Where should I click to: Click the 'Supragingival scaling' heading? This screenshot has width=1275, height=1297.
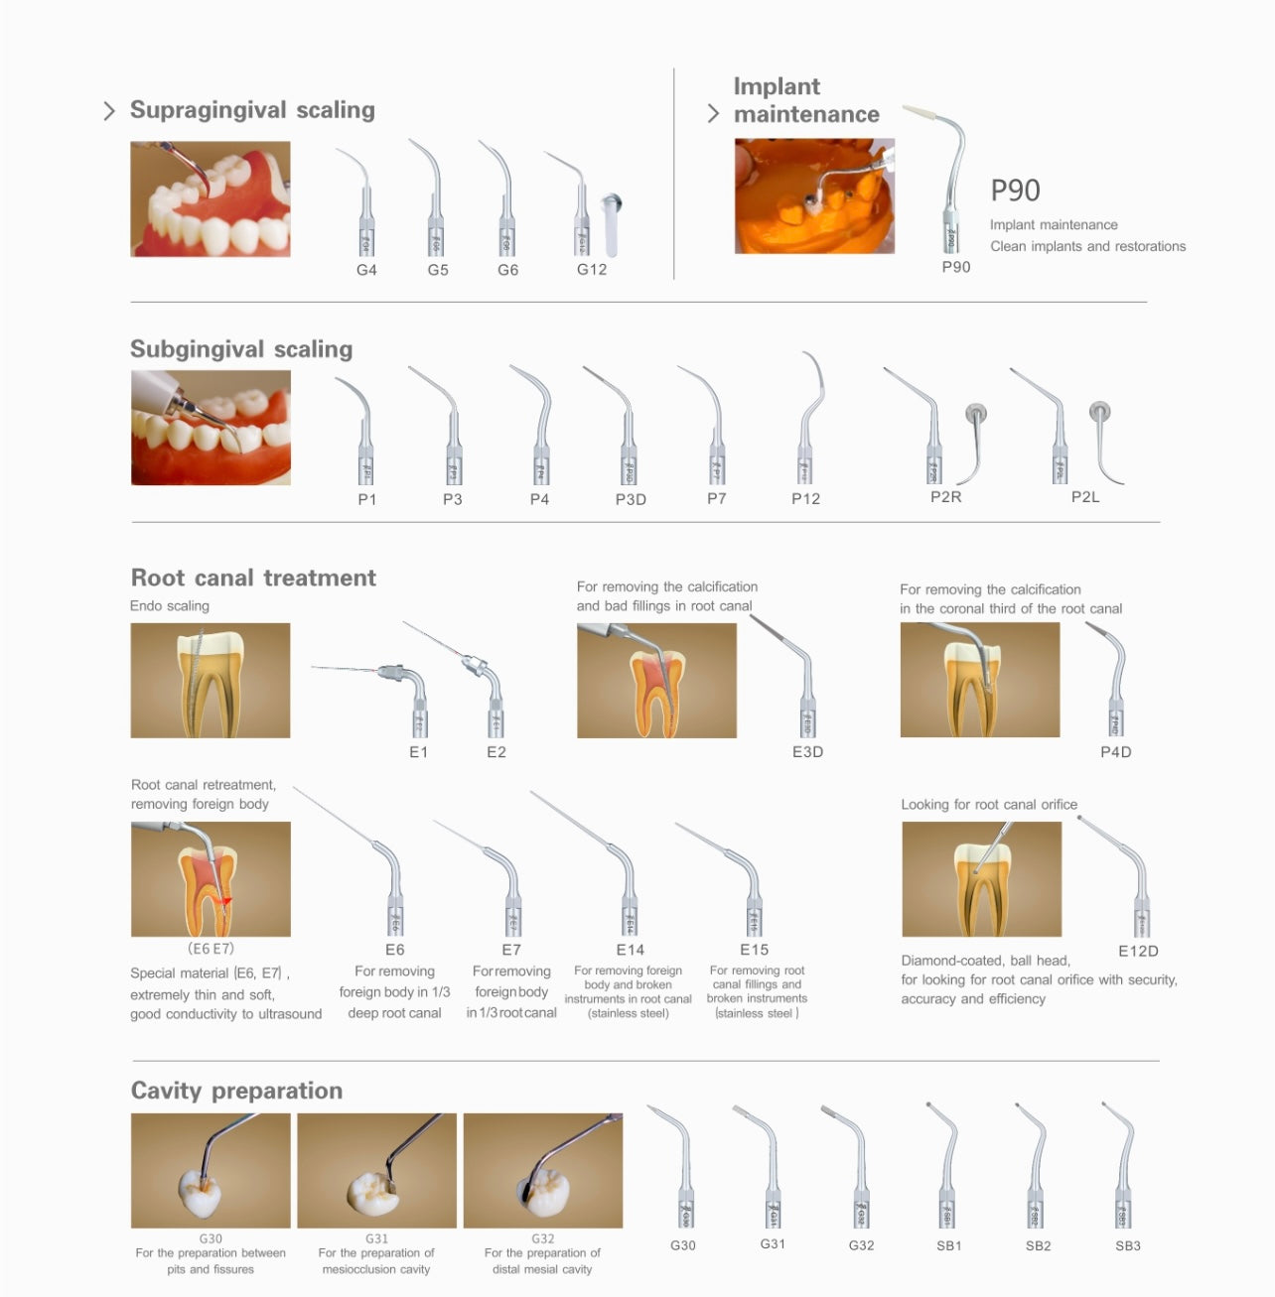[252, 110]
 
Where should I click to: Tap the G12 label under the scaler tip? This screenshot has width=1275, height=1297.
[592, 269]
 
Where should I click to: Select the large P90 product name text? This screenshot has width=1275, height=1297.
[1015, 191]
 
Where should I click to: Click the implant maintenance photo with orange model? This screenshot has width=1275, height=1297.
[814, 195]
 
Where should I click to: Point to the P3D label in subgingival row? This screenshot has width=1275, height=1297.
[631, 499]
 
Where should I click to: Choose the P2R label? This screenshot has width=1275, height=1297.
[945, 497]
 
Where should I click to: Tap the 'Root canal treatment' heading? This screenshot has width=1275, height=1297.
[253, 578]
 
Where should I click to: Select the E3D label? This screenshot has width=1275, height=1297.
[807, 752]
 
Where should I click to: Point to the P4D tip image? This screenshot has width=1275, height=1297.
[1108, 679]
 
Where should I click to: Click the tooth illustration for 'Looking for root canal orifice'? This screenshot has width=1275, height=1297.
[981, 879]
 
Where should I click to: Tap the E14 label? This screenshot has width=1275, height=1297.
[630, 950]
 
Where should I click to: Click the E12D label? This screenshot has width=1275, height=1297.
[1138, 951]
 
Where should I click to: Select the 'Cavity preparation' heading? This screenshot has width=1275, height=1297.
[236, 1091]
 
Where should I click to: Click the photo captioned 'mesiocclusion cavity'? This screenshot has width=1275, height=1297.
[376, 1170]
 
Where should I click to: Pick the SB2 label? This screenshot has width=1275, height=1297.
[1038, 1245]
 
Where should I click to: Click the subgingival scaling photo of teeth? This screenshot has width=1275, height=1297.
[211, 428]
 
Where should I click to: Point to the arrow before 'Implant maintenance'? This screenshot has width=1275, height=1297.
[713, 114]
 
